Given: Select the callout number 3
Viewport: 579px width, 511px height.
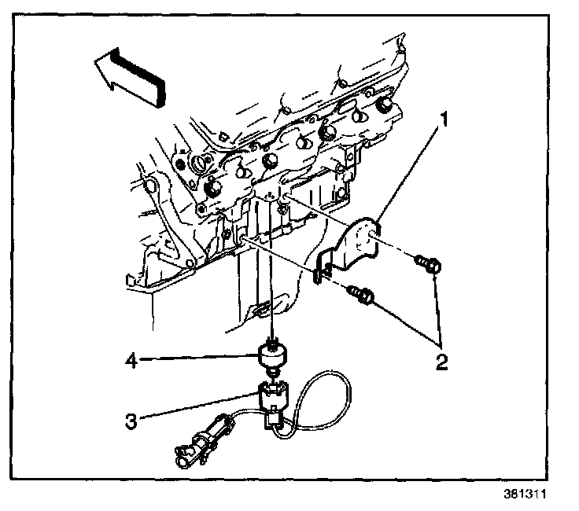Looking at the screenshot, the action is [131, 421].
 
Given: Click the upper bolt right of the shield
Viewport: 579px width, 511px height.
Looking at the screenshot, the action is [430, 266].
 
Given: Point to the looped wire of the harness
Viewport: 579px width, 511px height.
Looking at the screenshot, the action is [330, 393].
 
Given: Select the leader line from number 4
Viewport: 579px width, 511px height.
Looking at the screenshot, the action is [197, 361].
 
